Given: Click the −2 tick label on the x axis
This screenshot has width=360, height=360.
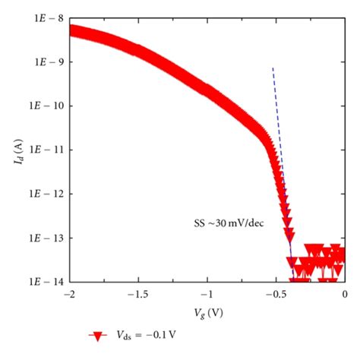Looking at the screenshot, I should pyautogui.click(x=70, y=293).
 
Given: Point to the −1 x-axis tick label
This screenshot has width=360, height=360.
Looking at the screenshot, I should pyautogui.click(x=207, y=293).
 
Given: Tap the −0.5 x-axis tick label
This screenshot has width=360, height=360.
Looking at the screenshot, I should pyautogui.click(x=274, y=293).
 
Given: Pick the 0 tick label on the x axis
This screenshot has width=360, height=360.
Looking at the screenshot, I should pyautogui.click(x=345, y=293).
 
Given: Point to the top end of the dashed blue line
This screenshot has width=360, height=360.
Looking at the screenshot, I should pyautogui.click(x=273, y=68).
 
